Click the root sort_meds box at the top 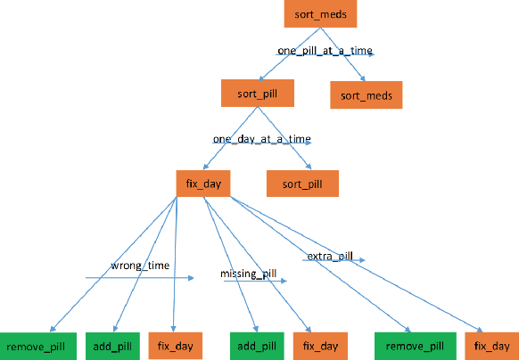320,14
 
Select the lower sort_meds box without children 366,93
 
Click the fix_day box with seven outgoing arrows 204,183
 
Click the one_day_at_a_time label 261,140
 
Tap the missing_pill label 250,274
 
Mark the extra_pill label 330,257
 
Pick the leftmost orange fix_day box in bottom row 176,345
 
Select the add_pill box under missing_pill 256,345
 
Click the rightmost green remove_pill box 410,345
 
